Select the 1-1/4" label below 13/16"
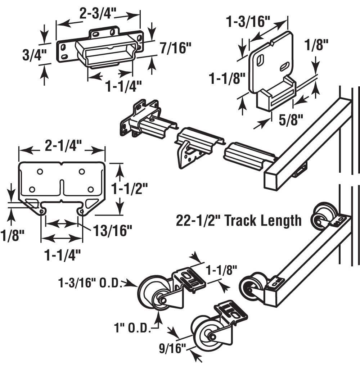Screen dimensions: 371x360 pos(62,255)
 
